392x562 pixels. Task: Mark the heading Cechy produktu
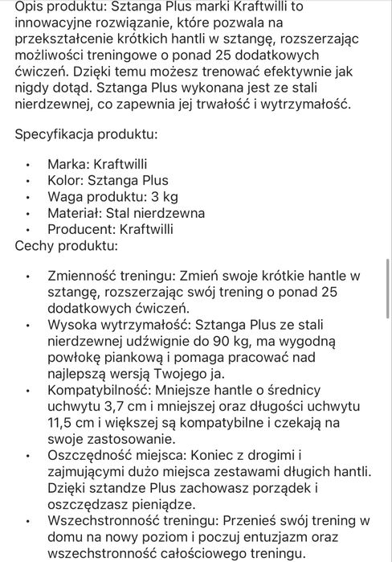(x=67, y=247)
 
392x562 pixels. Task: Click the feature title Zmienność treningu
(x=109, y=276)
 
